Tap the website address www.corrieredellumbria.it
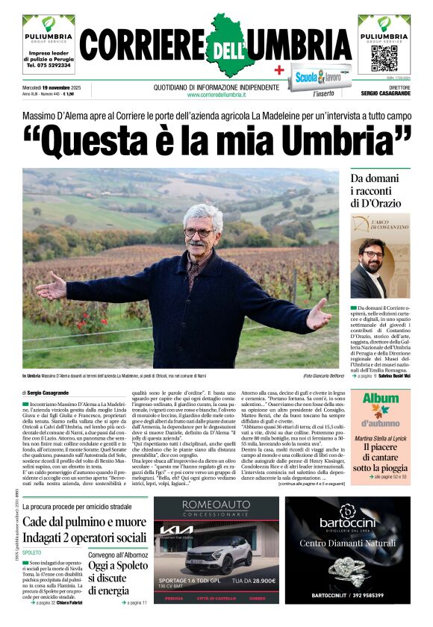(x=216, y=95)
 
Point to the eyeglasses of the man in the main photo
(x=198, y=232)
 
